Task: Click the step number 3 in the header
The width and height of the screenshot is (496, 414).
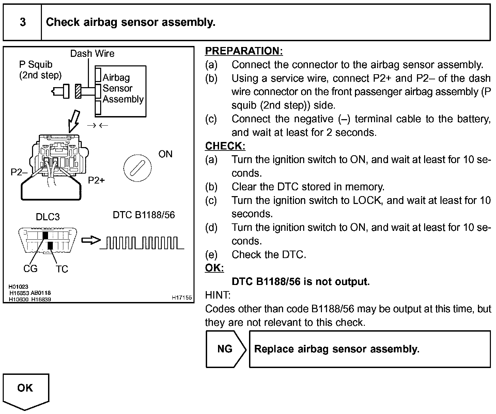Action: point(22,22)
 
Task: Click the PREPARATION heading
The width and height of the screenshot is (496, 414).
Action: point(244,51)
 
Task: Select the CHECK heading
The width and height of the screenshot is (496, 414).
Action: point(225,146)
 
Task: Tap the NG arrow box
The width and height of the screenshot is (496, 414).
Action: point(225,349)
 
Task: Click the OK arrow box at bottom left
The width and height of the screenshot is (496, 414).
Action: point(26,390)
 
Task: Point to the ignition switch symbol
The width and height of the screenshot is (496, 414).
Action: point(137,168)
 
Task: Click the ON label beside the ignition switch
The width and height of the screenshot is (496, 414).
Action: point(166,154)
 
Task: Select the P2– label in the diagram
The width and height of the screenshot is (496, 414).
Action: point(19,172)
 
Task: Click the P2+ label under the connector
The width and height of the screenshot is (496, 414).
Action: point(96,180)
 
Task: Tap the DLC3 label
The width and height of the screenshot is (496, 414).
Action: point(48,217)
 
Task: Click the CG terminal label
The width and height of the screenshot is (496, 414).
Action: point(30,269)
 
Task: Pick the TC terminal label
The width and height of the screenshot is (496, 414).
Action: point(62,269)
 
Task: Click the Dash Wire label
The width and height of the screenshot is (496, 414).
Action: point(92,53)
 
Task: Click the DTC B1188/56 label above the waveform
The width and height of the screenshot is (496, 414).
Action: point(144,215)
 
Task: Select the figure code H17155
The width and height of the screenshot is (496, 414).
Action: point(182,298)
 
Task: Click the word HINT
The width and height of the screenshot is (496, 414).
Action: point(218,295)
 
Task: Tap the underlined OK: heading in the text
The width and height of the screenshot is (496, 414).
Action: point(214,268)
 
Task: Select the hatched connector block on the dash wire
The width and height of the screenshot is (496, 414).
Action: point(78,91)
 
